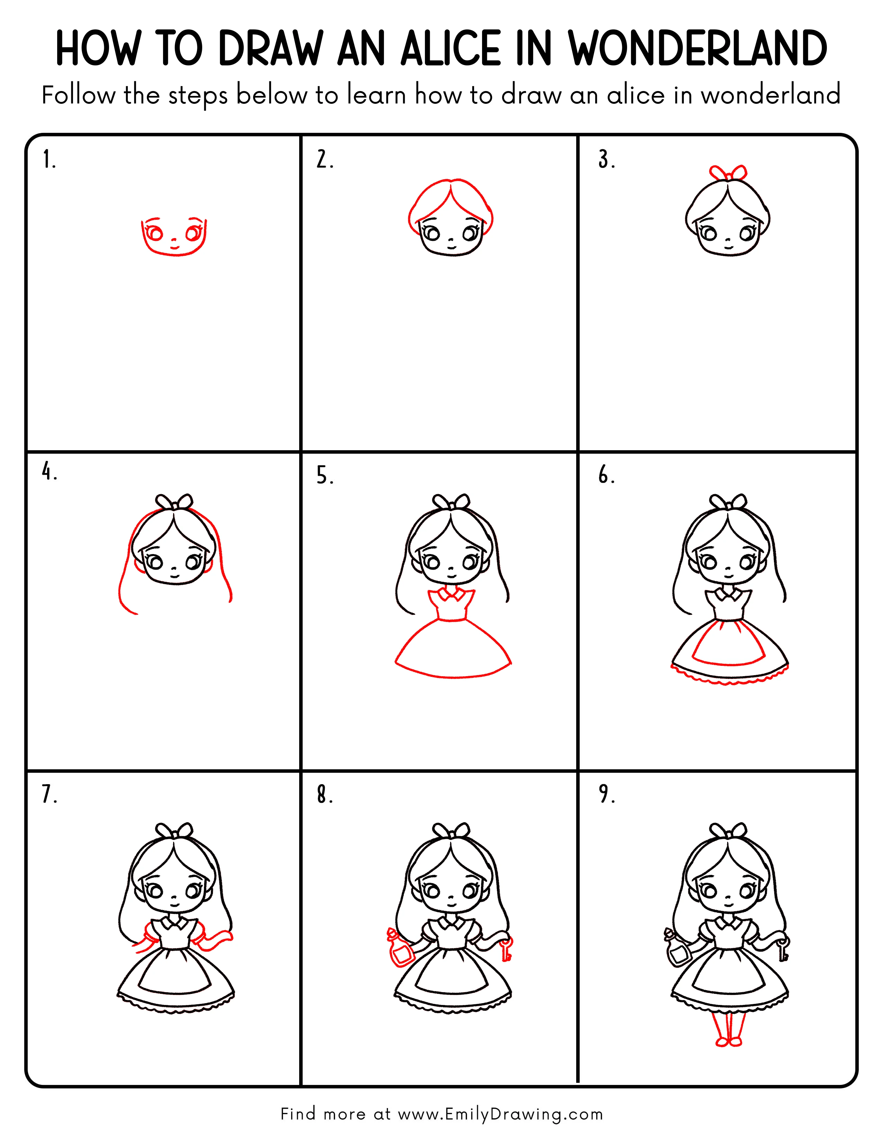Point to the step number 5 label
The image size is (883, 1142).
324,476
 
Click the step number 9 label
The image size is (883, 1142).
607,794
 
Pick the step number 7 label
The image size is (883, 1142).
49,794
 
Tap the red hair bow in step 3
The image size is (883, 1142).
728,172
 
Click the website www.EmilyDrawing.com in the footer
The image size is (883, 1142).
500,1114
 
